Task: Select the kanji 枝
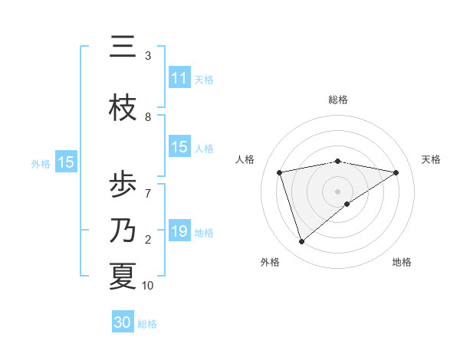[123, 108]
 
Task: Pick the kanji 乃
[123, 230]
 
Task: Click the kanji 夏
[123, 276]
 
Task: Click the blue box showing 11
[179, 78]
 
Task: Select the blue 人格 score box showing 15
[179, 147]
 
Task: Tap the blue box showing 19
[179, 231]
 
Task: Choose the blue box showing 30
[123, 322]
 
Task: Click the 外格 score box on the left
[65, 162]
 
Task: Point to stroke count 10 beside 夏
[148, 286]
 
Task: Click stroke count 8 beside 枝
[148, 117]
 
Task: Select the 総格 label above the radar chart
[338, 100]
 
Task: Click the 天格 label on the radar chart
[432, 159]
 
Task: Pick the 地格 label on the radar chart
[402, 262]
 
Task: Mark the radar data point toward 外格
[301, 242]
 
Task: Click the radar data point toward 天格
[396, 172]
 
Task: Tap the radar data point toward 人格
[280, 172]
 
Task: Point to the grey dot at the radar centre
[338, 191]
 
